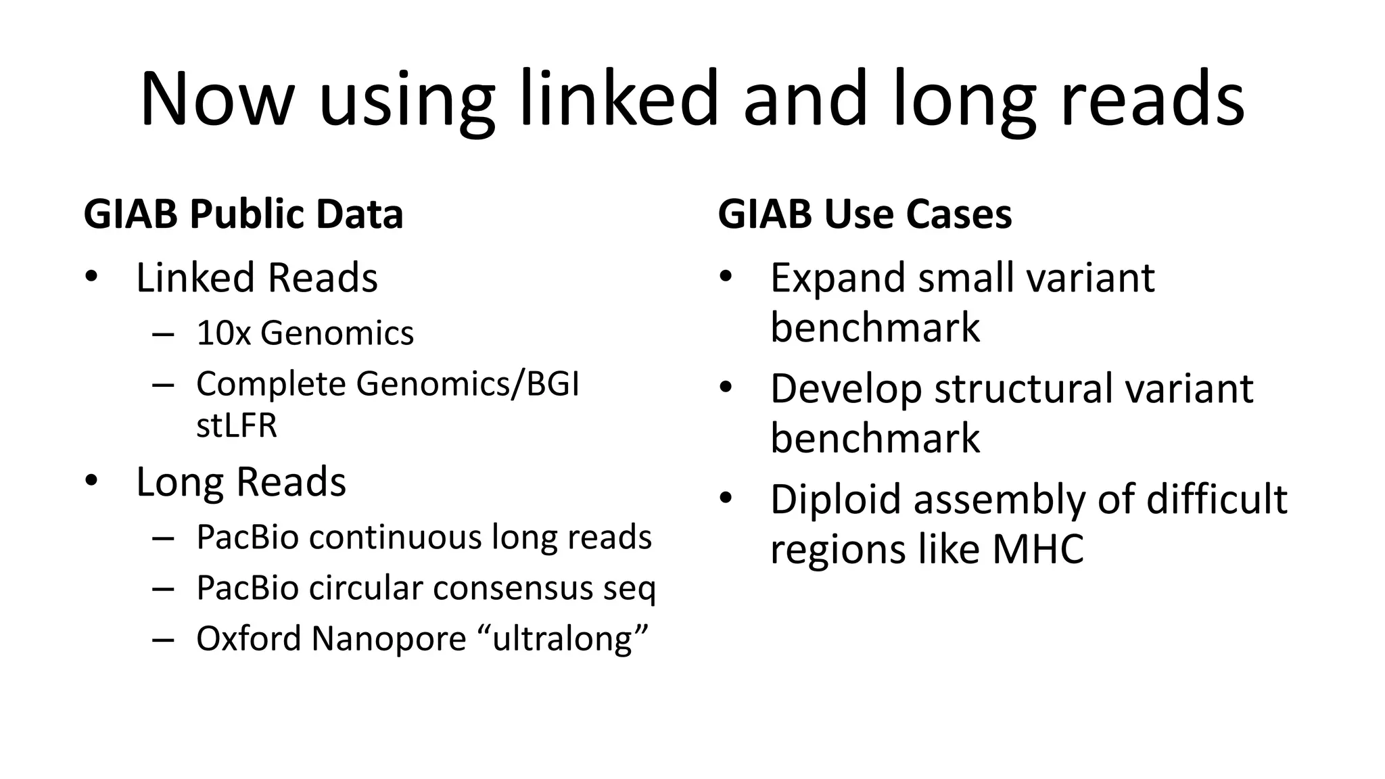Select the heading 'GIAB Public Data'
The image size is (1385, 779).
coord(243,214)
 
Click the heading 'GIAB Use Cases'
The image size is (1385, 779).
coord(865,214)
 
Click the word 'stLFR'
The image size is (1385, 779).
coord(237,426)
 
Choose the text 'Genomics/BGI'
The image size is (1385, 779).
coord(468,384)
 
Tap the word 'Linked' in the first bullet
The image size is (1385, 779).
coord(195,278)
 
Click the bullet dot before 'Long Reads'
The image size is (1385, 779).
coord(92,481)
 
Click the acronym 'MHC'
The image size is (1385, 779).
coord(1038,548)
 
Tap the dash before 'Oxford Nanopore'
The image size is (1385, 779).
coord(163,639)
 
